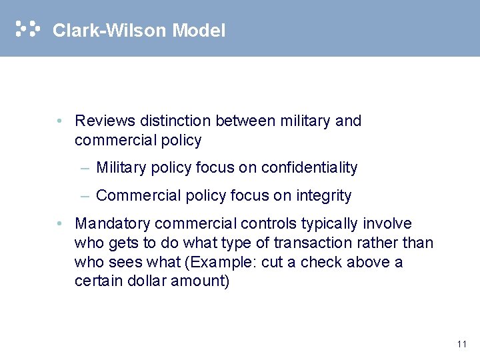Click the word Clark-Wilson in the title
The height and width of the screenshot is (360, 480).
[109, 31]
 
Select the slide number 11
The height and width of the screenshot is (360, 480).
[462, 344]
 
